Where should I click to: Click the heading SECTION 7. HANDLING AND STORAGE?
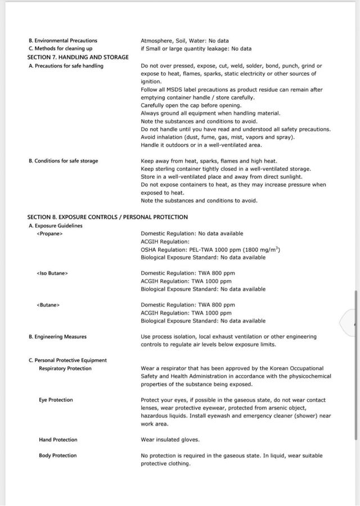78,57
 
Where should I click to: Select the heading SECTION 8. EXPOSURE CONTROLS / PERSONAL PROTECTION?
107,217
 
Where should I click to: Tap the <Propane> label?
49,233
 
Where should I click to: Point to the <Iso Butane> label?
52,273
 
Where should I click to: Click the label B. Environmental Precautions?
62,40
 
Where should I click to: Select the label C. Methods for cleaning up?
60,48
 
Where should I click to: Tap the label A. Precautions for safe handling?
65,66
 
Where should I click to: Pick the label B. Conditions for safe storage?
62,161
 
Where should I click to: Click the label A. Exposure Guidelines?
55,225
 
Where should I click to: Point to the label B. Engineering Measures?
57,337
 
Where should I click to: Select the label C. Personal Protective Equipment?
67,360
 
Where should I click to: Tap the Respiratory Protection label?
65,368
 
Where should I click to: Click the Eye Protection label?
56,400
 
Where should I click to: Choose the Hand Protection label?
58,440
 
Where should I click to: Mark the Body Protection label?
57,455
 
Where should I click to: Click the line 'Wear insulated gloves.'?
170,440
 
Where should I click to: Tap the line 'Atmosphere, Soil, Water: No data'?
184,40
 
